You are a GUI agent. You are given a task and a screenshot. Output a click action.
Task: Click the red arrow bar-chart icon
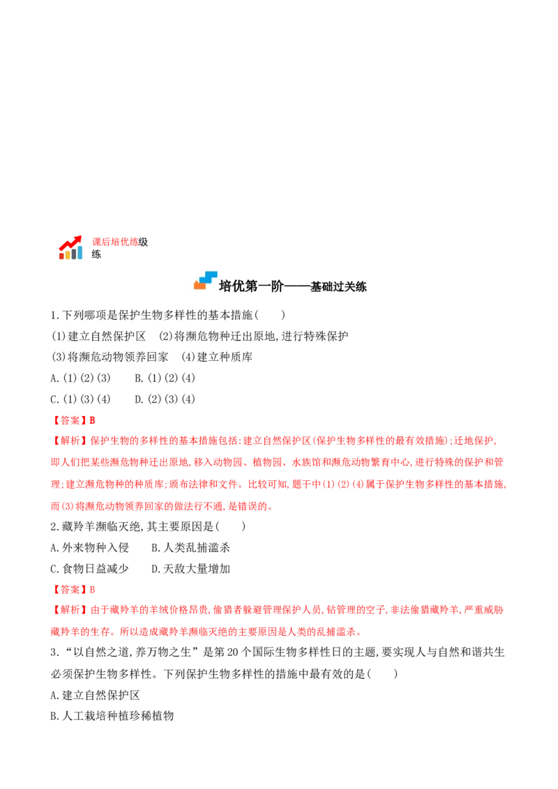(x=70, y=247)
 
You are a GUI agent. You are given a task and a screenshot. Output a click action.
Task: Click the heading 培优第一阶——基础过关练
(x=292, y=286)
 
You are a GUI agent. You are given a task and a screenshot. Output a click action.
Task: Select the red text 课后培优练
(x=115, y=242)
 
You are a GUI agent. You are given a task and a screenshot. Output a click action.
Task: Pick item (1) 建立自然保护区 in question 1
(x=99, y=336)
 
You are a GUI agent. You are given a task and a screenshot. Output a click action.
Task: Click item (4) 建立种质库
(x=217, y=357)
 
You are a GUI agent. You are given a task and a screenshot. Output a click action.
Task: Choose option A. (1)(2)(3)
(x=81, y=378)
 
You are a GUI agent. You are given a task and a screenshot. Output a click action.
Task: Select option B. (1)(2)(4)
(x=165, y=378)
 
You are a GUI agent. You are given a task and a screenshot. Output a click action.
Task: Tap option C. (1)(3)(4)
(x=81, y=399)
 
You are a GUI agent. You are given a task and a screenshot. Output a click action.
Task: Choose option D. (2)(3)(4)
(x=165, y=399)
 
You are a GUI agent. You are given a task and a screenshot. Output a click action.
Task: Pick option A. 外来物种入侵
(x=90, y=547)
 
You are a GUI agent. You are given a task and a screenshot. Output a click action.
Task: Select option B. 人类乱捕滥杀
(x=190, y=547)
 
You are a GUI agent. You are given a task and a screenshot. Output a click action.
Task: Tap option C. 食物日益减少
(x=90, y=569)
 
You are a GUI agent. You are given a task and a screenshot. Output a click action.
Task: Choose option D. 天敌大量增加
(x=190, y=569)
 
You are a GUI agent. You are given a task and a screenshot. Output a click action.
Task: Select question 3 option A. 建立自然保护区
(x=95, y=695)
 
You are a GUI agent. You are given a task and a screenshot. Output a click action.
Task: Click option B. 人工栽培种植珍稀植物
(x=112, y=716)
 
